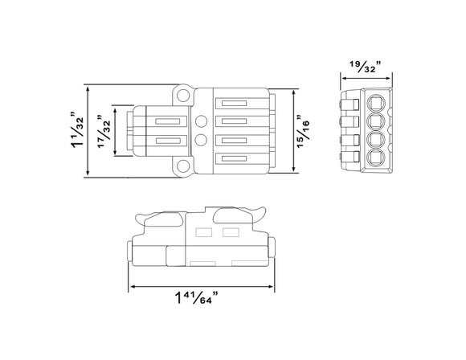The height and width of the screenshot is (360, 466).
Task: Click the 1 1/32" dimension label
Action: (77, 131)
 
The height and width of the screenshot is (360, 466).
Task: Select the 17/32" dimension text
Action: (102, 131)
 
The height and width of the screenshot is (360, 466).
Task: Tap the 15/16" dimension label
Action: (306, 131)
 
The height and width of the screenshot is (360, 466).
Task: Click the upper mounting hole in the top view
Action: (184, 96)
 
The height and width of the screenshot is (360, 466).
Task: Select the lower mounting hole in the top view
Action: (184, 166)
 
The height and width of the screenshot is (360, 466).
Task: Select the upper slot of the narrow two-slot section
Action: (166, 122)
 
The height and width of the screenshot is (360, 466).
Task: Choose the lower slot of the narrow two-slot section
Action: (166, 141)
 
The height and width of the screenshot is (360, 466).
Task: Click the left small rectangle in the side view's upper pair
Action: (203, 233)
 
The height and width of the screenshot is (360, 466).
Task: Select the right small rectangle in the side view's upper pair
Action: (231, 233)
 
